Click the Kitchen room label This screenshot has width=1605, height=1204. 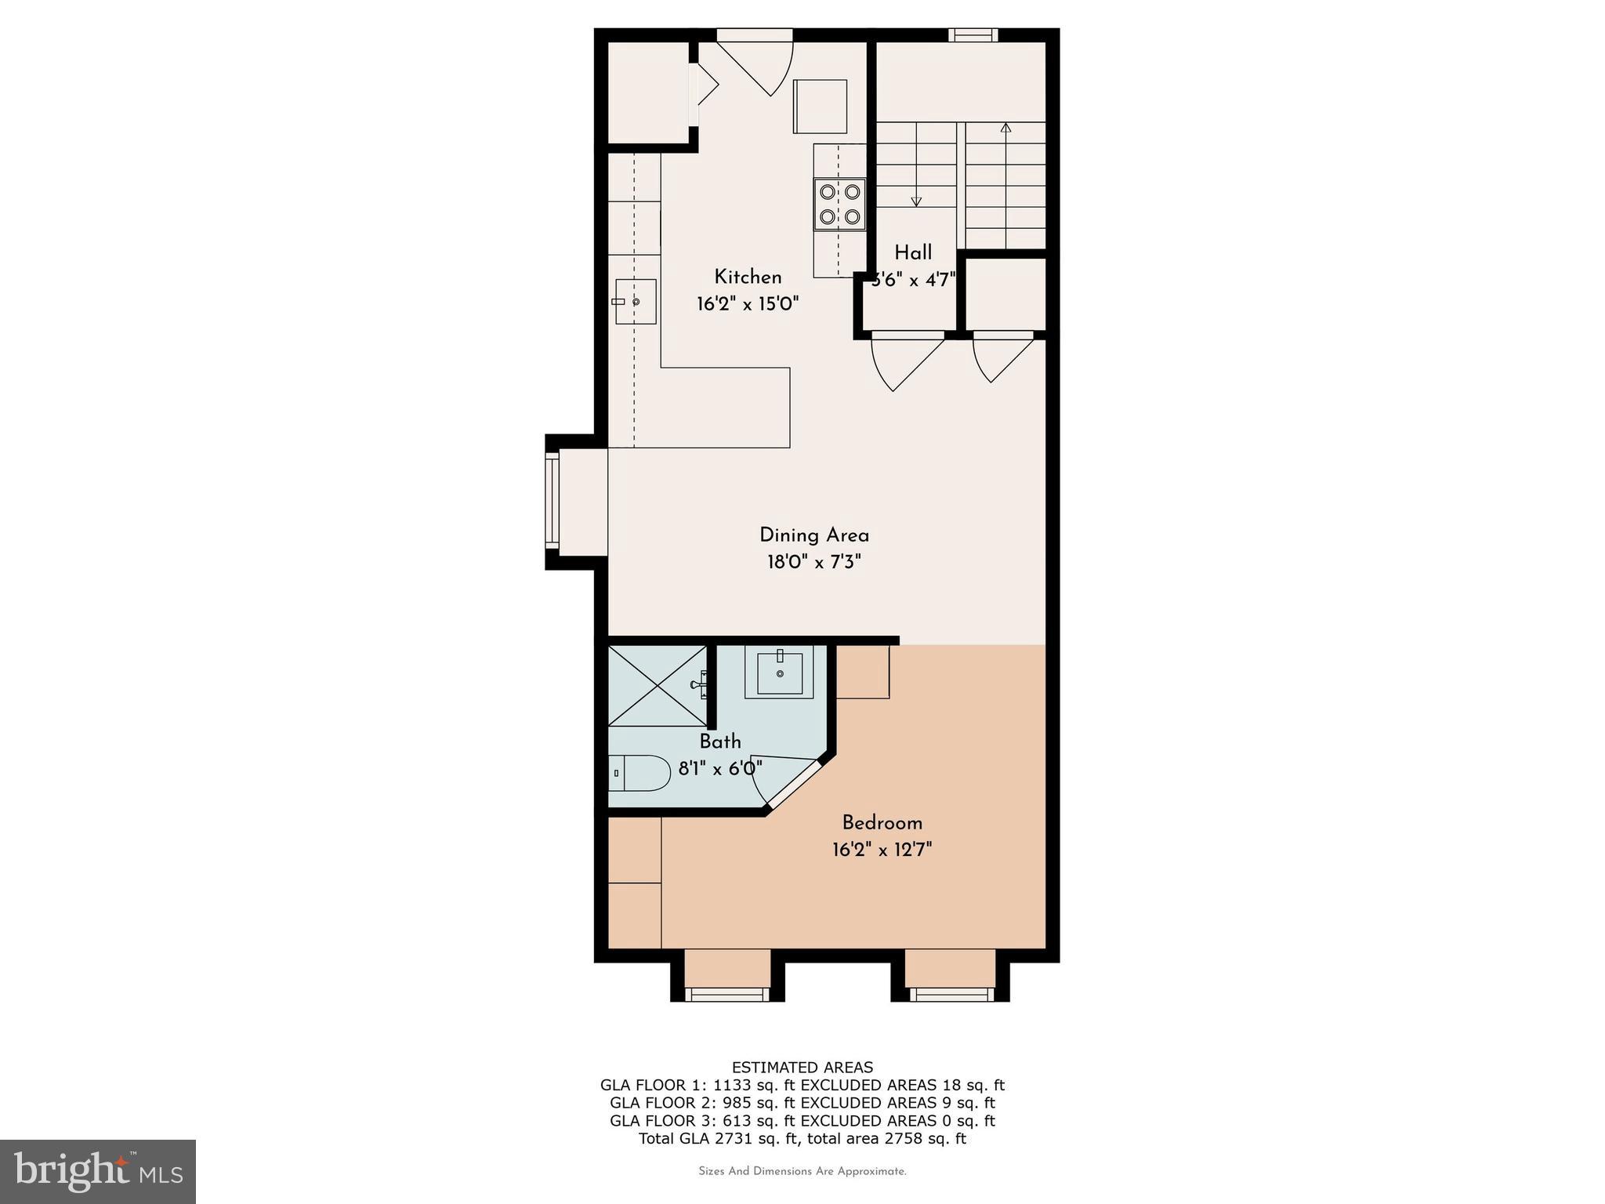click(x=748, y=277)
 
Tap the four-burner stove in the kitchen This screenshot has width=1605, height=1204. click(x=839, y=204)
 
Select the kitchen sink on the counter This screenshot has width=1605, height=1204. click(x=635, y=301)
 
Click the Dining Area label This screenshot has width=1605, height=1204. click(x=814, y=535)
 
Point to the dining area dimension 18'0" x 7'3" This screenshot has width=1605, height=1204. click(x=814, y=562)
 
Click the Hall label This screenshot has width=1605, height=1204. click(x=913, y=252)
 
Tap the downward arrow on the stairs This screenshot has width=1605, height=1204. click(x=916, y=201)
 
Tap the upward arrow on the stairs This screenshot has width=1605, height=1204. click(x=1006, y=128)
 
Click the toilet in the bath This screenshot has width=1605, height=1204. click(x=639, y=773)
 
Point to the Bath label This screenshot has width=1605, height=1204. click(x=720, y=741)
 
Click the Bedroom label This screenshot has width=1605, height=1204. click(x=882, y=823)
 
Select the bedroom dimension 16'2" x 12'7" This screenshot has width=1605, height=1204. click(x=882, y=850)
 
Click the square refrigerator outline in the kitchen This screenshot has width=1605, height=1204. click(x=820, y=106)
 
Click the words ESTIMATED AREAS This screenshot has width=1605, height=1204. click(x=802, y=1067)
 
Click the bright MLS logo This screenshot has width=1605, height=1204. click(x=98, y=1171)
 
